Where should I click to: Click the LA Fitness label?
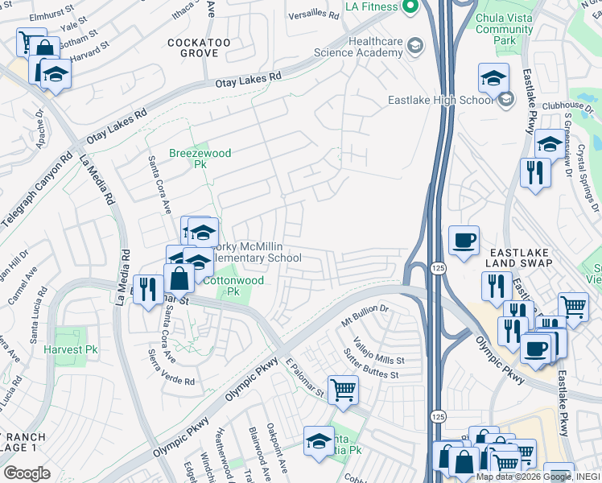pos(372,6)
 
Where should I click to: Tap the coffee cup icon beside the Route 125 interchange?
pos(464,241)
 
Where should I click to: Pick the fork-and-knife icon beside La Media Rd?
pos(146,288)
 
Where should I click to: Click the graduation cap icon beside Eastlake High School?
pos(493,79)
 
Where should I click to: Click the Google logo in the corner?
pos(27,473)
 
